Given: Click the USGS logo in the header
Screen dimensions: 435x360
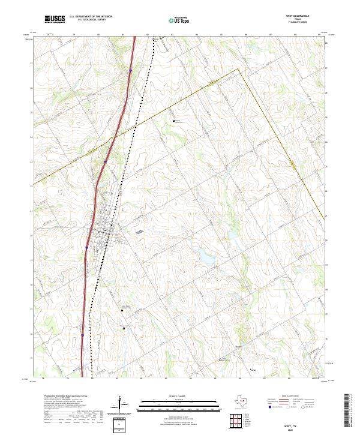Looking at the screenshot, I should pos(55,19).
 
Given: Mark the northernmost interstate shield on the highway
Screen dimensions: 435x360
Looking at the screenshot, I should pos(130,70).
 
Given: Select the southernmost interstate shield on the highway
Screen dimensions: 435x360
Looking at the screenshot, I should pos(82,335).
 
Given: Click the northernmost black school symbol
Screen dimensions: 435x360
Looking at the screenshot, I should pos(174,121).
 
